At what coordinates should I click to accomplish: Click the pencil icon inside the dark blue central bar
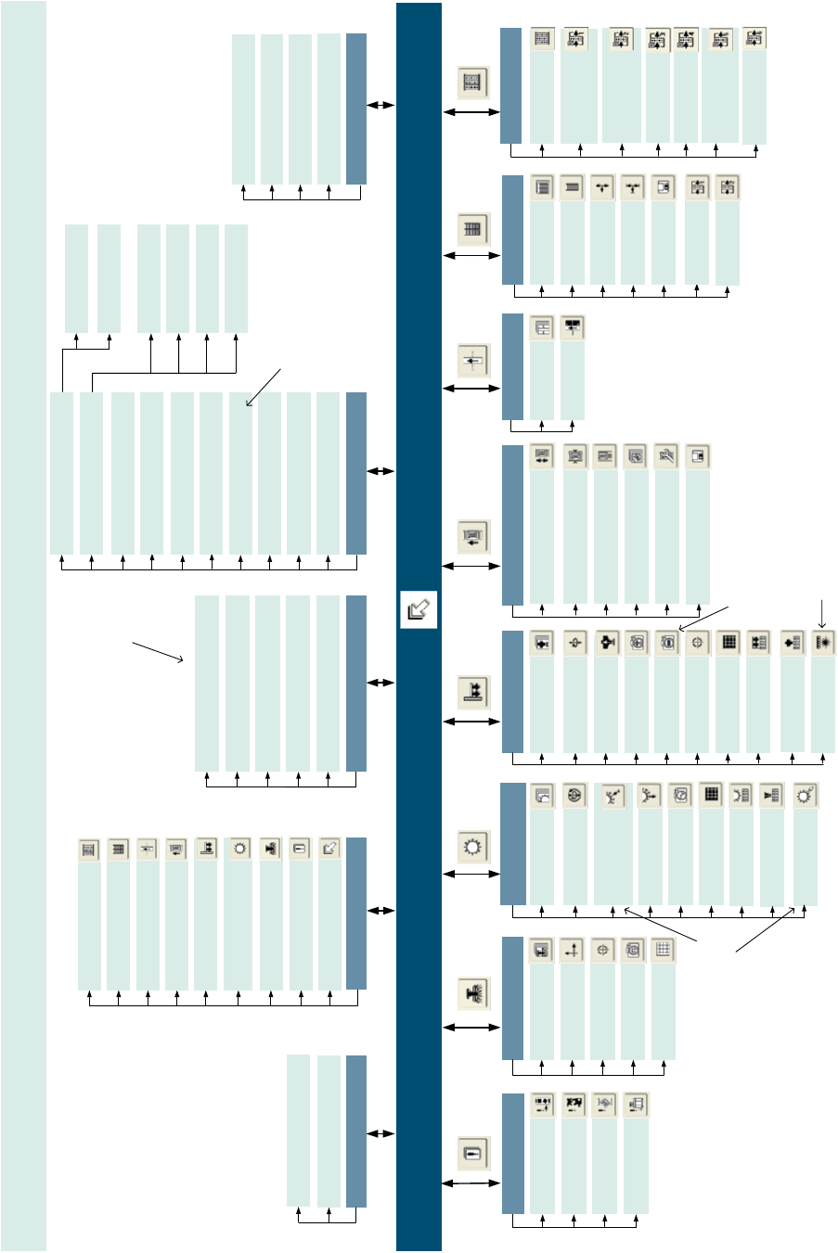point(419,610)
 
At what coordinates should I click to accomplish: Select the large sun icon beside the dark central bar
point(473,846)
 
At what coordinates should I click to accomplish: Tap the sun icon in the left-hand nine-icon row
point(240,849)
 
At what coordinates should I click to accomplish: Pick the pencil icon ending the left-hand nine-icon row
point(329,849)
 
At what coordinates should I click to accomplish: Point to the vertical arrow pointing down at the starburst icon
point(822,613)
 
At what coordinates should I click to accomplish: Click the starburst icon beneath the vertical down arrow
point(822,643)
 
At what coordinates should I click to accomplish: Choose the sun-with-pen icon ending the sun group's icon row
point(805,795)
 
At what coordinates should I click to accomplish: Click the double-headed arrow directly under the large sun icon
point(472,874)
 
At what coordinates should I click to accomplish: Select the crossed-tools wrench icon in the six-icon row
point(667,456)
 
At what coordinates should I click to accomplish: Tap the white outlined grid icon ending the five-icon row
point(663,950)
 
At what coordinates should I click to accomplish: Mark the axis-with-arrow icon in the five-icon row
point(572,950)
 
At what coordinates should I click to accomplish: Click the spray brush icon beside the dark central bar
point(473,995)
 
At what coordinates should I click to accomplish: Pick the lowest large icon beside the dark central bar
point(473,1154)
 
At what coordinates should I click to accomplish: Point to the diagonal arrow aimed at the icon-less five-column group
point(159,651)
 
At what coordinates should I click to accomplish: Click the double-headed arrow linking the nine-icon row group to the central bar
point(380,911)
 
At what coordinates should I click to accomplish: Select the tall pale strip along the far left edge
point(23,626)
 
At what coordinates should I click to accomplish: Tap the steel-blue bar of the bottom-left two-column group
point(356,1131)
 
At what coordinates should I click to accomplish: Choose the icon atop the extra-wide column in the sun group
point(612,796)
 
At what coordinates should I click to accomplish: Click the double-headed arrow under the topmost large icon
point(471,112)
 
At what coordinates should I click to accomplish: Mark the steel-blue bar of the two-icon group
point(512,367)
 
